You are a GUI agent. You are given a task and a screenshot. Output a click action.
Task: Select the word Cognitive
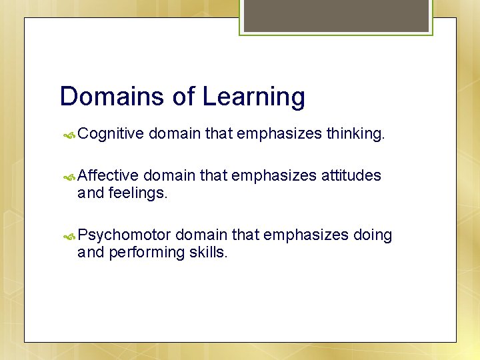click(111, 135)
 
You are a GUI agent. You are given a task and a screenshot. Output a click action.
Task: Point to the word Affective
click(108, 175)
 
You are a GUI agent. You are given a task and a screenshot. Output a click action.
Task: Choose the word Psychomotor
click(125, 235)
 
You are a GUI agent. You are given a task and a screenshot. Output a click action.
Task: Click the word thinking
click(355, 135)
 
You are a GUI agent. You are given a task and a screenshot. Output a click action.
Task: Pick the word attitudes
click(351, 175)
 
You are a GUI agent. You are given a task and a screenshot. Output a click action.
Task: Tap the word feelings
click(140, 193)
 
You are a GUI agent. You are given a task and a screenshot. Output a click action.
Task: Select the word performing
click(145, 253)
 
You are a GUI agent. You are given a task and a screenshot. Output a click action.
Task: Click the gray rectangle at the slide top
click(336, 15)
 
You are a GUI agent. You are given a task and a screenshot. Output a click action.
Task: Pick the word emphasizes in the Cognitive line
click(279, 135)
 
